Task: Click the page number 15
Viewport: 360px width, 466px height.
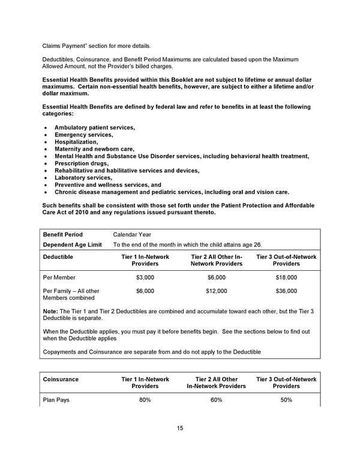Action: coord(180,428)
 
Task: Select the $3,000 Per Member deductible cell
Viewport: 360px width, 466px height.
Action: coord(145,277)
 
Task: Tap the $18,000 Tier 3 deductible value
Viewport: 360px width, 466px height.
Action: coord(286,277)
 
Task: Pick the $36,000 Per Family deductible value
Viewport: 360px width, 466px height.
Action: coord(286,291)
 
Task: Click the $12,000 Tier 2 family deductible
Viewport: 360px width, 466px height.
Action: coord(216,291)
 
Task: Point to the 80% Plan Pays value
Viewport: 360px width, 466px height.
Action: coord(145,400)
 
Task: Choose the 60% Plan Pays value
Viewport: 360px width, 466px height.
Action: coord(216,400)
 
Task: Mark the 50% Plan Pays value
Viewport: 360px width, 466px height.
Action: coord(286,400)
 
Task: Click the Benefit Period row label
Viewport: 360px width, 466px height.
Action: coord(63,235)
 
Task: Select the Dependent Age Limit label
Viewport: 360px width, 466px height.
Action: coord(71,245)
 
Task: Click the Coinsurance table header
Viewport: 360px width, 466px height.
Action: coord(61,380)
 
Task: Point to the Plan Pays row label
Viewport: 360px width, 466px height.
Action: coord(56,400)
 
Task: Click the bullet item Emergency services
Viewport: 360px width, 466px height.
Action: coord(83,135)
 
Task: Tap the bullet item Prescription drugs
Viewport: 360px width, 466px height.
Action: coord(82,163)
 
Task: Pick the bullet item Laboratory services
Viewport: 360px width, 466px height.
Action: coord(83,178)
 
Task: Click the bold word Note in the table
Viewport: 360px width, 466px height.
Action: coord(50,311)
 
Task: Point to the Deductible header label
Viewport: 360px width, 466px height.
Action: coord(58,257)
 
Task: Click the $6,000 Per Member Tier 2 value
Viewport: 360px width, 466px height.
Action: coord(216,277)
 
